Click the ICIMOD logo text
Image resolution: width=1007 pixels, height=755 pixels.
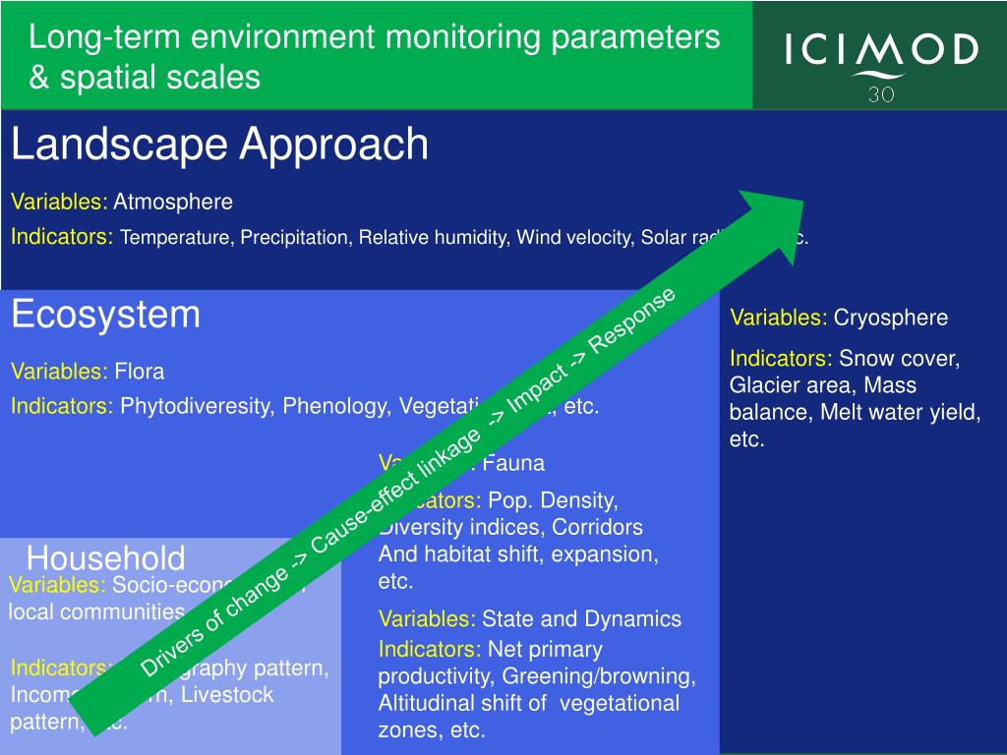[x=881, y=49]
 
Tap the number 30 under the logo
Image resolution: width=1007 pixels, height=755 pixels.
[x=881, y=94]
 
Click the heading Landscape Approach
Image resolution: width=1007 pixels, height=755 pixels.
[x=219, y=145]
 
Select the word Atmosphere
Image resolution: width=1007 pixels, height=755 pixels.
[x=173, y=203]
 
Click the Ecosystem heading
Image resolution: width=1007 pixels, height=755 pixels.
[x=105, y=315]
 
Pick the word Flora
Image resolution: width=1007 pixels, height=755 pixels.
[x=139, y=372]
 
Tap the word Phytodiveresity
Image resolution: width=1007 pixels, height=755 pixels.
[x=197, y=406]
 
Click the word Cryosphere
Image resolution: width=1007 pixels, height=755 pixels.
[x=891, y=318]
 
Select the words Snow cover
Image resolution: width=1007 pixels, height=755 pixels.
[x=899, y=359]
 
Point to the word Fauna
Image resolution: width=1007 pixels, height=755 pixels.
[x=513, y=463]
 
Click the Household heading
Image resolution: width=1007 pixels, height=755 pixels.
[x=105, y=558]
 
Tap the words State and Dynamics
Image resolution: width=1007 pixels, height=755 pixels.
[x=581, y=618]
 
